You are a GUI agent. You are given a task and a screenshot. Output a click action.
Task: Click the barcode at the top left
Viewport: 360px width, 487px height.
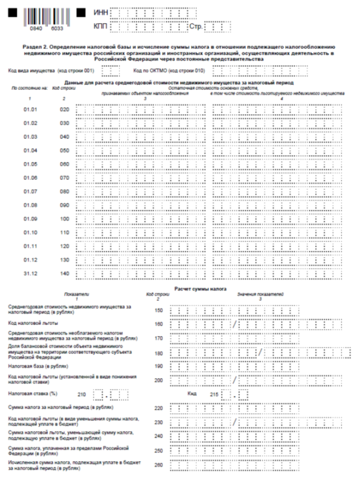click(x=44, y=16)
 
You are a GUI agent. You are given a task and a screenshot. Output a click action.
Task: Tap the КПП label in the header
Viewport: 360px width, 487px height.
click(x=100, y=27)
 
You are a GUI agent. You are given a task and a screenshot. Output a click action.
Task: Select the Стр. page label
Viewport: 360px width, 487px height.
click(x=196, y=27)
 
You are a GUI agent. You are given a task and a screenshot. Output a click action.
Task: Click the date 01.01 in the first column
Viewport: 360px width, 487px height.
click(x=30, y=109)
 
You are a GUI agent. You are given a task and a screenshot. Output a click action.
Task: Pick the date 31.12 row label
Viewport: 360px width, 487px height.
click(x=30, y=273)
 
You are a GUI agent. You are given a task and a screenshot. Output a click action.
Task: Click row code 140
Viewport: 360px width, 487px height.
click(x=65, y=273)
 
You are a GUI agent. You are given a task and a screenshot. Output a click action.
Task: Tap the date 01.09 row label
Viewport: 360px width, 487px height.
click(x=30, y=219)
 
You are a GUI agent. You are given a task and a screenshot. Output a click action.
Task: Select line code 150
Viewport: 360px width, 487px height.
click(x=160, y=309)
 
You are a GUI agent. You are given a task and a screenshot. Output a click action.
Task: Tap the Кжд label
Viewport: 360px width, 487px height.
click(x=193, y=394)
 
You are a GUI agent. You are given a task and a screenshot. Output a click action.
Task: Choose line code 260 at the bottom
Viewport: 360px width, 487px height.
click(x=160, y=465)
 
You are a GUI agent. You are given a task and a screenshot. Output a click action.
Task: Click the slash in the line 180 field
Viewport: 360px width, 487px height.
click(x=260, y=352)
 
